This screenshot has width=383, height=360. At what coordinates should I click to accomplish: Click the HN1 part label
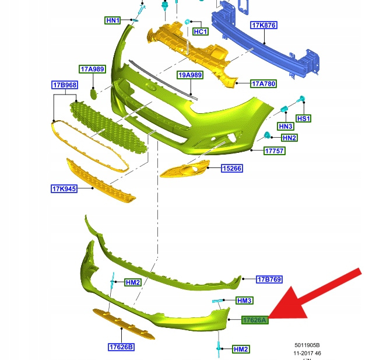[x=113, y=20]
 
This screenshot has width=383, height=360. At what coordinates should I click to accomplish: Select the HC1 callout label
[x=200, y=32]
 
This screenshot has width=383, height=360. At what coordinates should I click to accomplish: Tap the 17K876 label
[x=263, y=26]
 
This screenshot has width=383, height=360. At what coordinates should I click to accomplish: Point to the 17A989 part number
[x=93, y=69]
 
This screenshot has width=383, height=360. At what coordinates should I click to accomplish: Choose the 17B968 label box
[x=65, y=85]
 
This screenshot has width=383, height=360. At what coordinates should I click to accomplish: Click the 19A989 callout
[x=190, y=75]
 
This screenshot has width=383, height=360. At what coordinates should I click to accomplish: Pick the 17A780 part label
[x=263, y=84]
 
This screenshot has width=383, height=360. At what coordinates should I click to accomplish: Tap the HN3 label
[x=286, y=127]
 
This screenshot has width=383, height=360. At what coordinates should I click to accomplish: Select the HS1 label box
[x=304, y=118]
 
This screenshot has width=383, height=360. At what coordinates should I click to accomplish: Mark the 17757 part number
[x=273, y=151]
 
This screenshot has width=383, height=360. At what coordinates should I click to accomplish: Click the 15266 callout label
[x=231, y=169]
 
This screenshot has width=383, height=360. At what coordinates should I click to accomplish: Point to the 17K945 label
[x=64, y=188]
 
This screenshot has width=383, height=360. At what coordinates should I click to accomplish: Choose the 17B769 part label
[x=269, y=279]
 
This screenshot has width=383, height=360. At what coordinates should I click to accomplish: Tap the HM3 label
[x=244, y=300]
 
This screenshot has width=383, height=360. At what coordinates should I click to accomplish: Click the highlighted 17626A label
[x=255, y=320]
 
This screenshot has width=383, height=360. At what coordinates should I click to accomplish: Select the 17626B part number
[x=121, y=347]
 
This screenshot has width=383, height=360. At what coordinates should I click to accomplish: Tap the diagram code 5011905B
[x=307, y=345]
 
